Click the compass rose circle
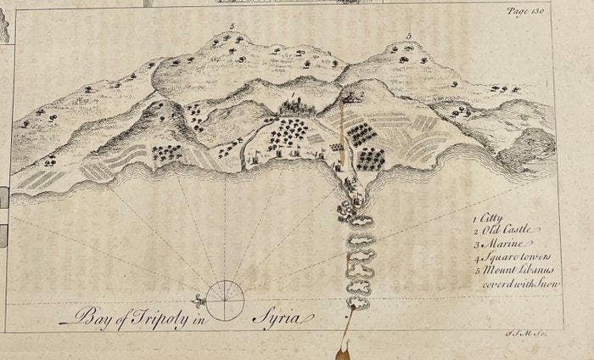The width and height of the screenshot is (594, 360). click(226, 301)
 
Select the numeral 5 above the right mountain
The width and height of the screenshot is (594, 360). click(408, 36)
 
